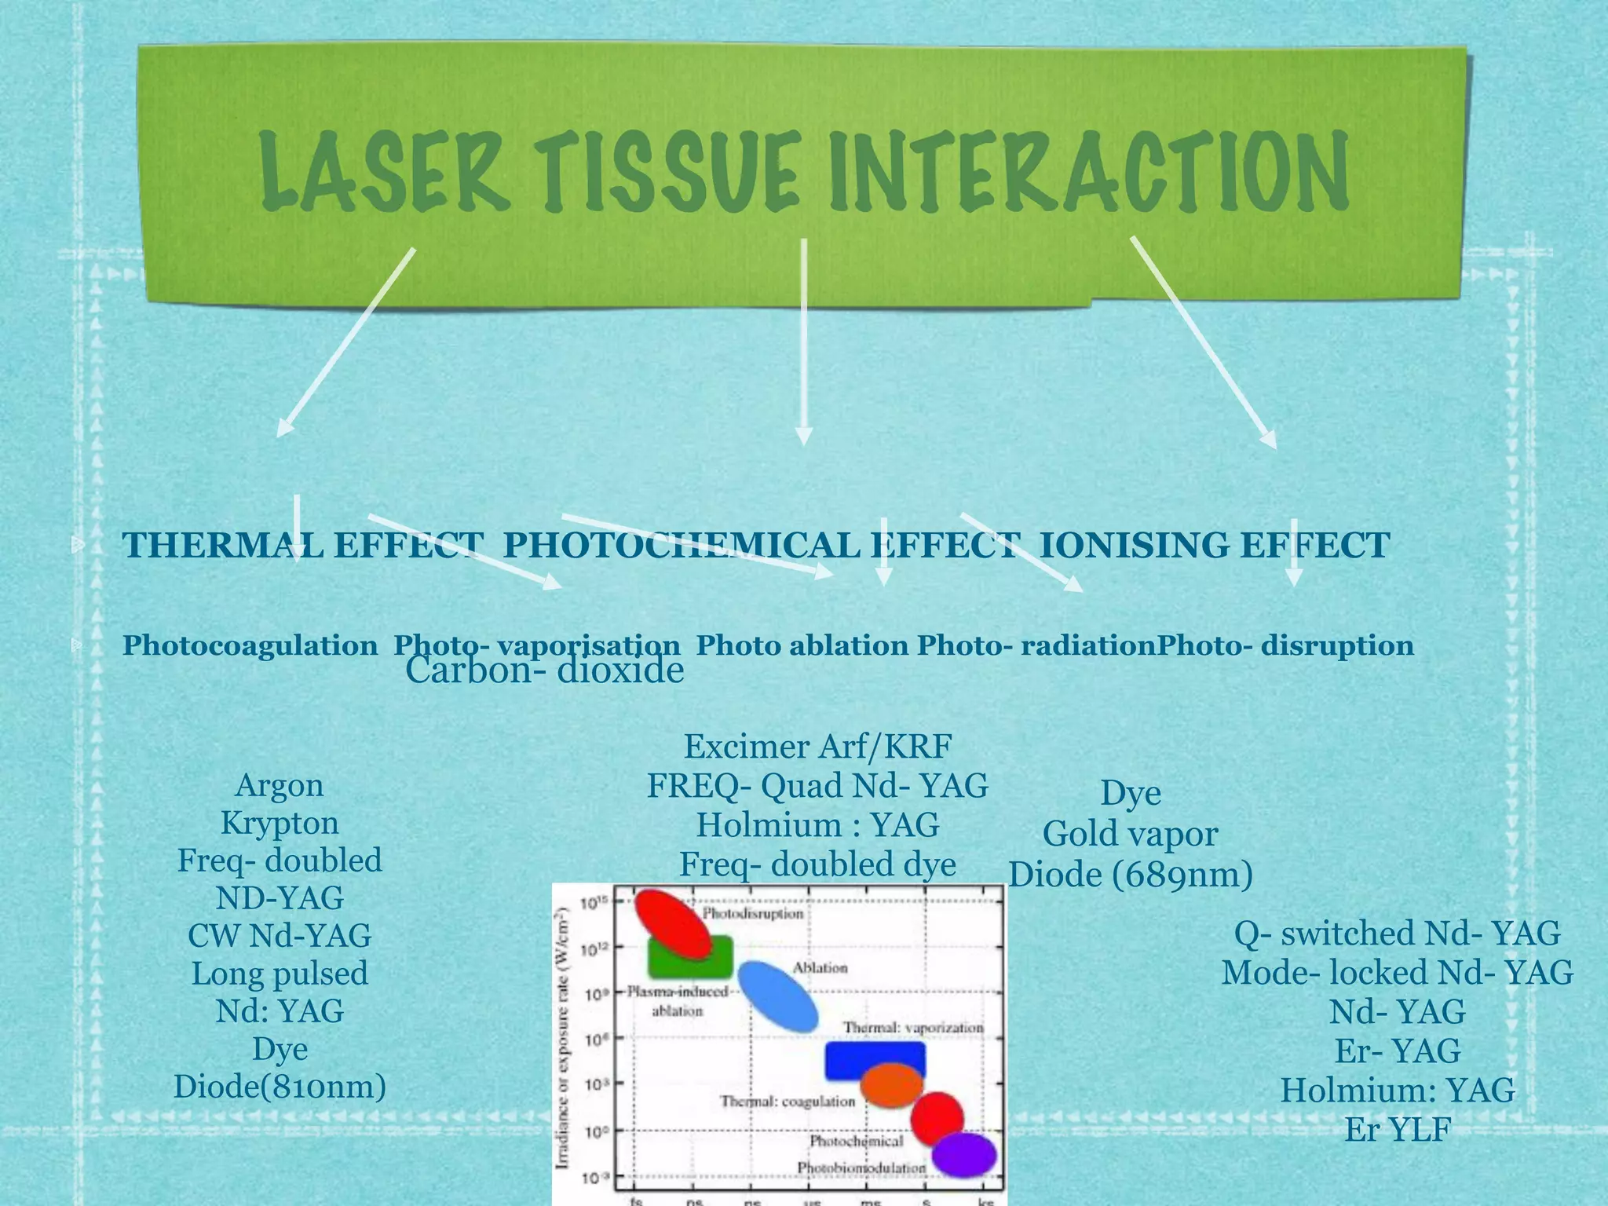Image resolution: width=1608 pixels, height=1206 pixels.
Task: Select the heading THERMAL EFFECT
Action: click(x=302, y=545)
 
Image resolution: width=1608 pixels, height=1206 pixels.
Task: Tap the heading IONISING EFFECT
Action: click(x=1214, y=545)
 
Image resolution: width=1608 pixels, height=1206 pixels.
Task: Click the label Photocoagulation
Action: click(x=250, y=645)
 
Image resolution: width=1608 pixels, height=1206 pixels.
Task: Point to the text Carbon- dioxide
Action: click(x=544, y=670)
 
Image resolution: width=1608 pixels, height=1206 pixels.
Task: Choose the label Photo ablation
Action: click(x=802, y=645)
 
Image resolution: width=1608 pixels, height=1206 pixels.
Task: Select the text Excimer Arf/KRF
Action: click(x=817, y=746)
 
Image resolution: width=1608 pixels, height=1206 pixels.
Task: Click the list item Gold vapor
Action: click(x=1130, y=833)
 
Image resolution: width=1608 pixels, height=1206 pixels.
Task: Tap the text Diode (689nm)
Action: click(x=1130, y=874)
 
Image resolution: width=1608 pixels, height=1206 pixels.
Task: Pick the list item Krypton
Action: click(x=280, y=823)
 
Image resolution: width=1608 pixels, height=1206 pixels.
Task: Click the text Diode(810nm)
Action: click(x=280, y=1087)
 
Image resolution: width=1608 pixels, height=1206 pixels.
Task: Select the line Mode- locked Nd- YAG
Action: click(x=1397, y=972)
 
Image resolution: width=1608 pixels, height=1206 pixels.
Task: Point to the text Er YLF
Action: click(x=1397, y=1129)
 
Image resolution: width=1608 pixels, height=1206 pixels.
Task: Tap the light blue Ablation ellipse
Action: click(x=779, y=996)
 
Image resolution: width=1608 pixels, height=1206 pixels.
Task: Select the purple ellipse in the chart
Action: click(x=966, y=1154)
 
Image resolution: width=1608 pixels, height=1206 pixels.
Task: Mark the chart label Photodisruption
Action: click(x=752, y=913)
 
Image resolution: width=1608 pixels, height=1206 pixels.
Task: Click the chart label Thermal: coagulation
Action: click(x=788, y=1101)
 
